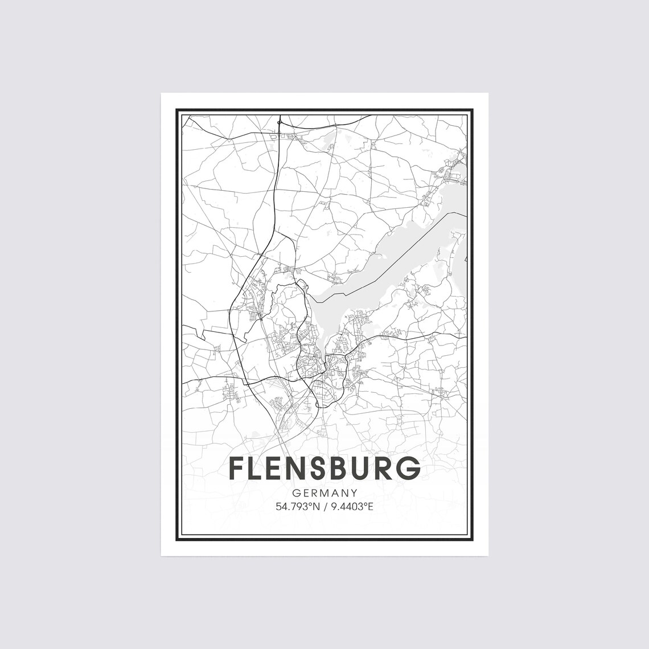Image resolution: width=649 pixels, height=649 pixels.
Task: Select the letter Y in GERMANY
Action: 354,493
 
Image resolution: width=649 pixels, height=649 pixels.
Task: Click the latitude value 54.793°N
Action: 297,506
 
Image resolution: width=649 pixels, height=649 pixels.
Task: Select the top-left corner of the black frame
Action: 177,109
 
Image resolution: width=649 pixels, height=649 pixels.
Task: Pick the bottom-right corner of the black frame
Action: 473,540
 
